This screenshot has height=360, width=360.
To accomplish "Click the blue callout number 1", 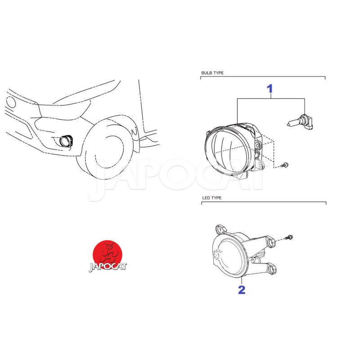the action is (270, 89).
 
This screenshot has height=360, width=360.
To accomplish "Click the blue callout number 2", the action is (242, 290).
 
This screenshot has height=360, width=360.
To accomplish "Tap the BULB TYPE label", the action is (212, 73).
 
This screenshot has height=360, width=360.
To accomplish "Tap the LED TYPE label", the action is (211, 198).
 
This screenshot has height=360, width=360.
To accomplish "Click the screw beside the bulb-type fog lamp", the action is (285, 165).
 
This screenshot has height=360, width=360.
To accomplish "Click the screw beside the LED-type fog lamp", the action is (289, 237).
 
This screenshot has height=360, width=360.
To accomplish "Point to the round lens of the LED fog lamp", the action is (230, 255).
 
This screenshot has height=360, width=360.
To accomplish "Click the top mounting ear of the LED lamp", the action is (221, 229).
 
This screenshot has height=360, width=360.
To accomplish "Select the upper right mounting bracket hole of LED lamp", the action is (271, 243).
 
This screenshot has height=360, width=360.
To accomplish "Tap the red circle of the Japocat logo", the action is (108, 255).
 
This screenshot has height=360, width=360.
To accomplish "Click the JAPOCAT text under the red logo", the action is (108, 266).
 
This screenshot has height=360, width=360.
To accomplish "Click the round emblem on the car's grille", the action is (10, 102).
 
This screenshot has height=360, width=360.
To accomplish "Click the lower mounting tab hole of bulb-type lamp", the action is (260, 165).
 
